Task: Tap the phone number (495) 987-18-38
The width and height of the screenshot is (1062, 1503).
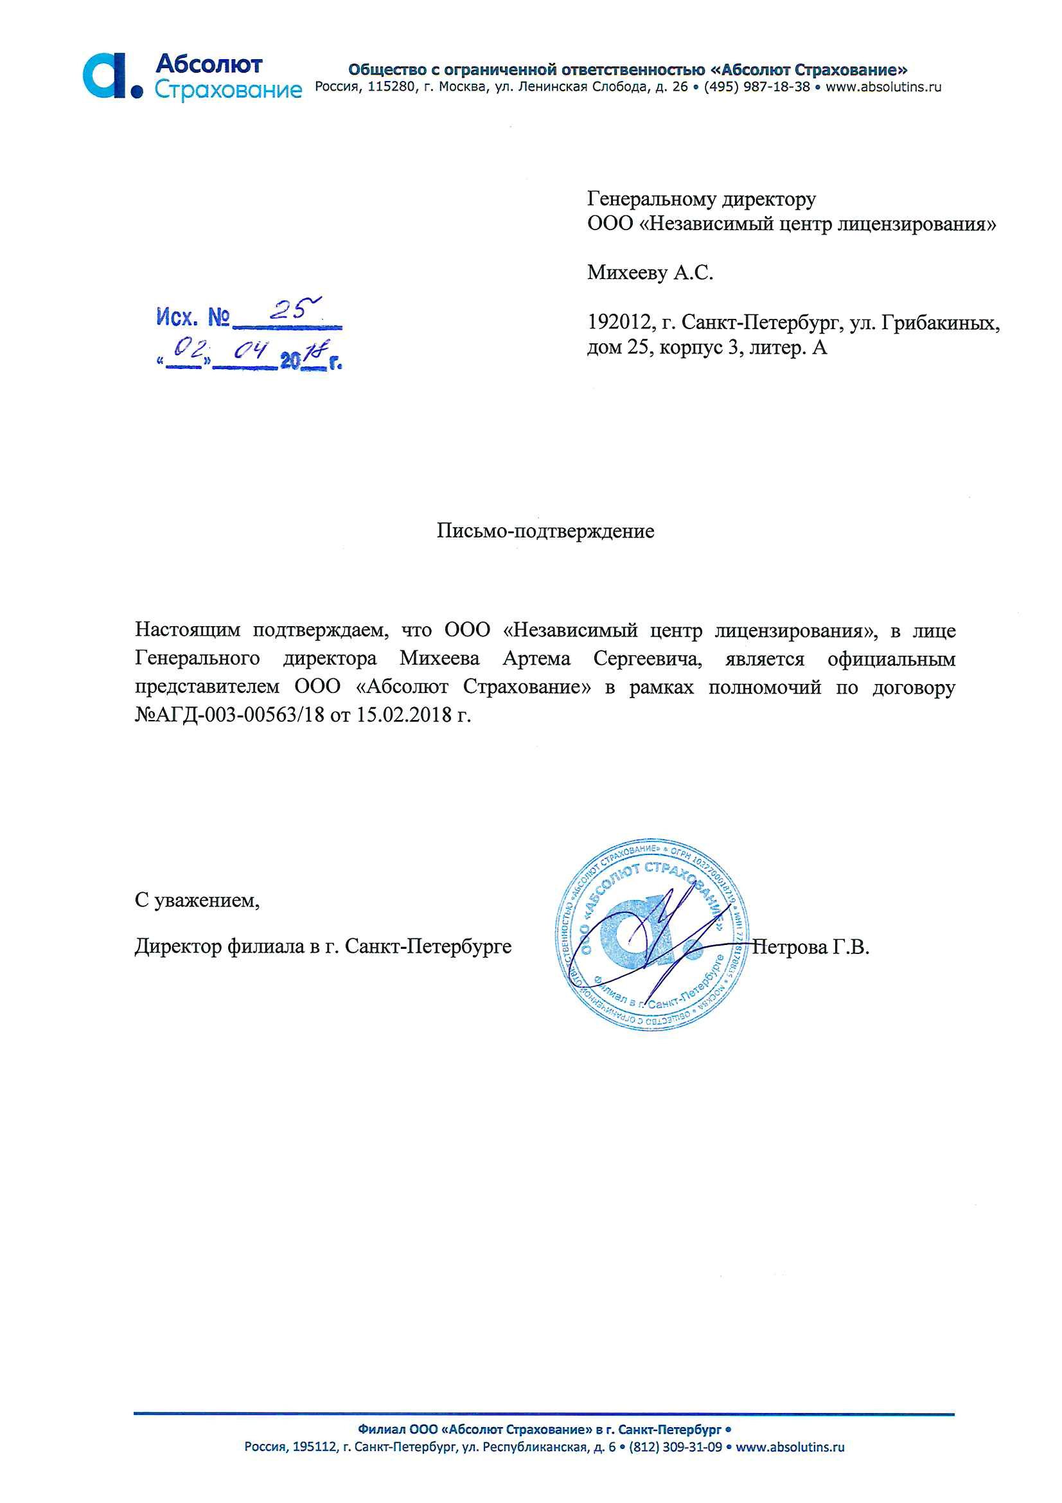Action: [756, 87]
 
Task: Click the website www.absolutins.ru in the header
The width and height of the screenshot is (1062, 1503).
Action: [883, 87]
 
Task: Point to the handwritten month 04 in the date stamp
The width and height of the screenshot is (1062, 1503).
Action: [251, 352]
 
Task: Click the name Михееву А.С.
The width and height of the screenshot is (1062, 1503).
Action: [649, 273]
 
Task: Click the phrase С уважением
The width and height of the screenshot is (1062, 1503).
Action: [197, 901]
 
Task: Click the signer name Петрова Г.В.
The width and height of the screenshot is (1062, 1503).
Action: [811, 947]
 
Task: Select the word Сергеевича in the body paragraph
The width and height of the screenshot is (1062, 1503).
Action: [647, 658]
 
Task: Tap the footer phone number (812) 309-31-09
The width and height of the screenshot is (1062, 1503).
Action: [675, 1446]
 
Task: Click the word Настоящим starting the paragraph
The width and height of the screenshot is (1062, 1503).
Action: [187, 631]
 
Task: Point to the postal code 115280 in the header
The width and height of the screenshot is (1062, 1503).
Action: [391, 87]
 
